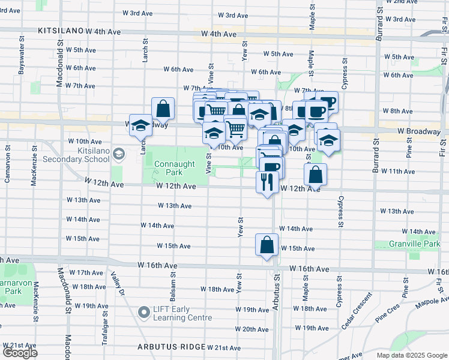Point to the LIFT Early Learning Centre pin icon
[143, 313]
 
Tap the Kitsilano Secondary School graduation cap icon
[119, 155]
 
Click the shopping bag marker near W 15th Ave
[267, 245]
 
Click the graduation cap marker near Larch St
[140, 125]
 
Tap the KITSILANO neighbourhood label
[59, 30]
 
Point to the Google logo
[20, 353]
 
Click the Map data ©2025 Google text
[411, 355]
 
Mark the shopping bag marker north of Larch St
[163, 109]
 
